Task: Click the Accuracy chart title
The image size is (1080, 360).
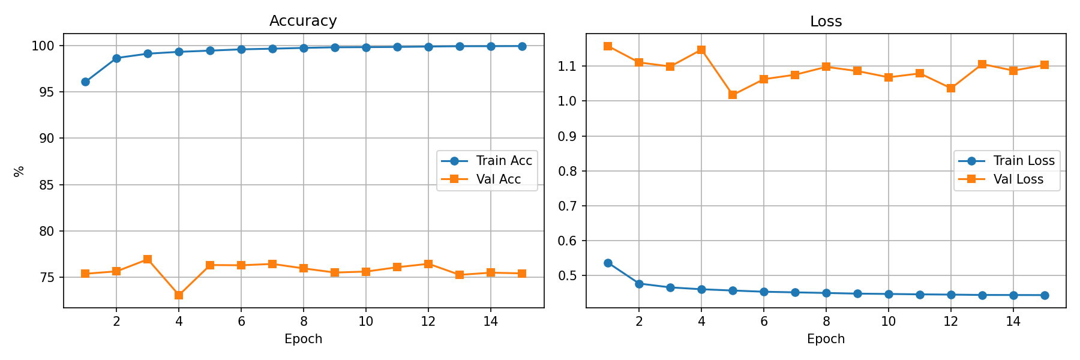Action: click(x=303, y=21)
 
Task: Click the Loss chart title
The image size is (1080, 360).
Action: click(x=826, y=22)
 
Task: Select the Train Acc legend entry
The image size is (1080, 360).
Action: click(x=487, y=161)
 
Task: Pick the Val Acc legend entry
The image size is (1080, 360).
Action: click(x=481, y=179)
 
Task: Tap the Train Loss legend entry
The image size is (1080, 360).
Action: click(x=1006, y=161)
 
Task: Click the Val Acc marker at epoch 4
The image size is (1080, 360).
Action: click(x=179, y=295)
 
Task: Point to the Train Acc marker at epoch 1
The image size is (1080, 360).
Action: click(x=85, y=82)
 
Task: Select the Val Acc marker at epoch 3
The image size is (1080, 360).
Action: click(x=148, y=259)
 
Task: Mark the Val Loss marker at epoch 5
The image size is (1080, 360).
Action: click(x=733, y=95)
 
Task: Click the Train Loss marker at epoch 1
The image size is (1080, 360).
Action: click(x=608, y=263)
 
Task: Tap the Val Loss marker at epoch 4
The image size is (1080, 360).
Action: click(x=701, y=50)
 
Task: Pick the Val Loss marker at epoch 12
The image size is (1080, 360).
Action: click(x=951, y=88)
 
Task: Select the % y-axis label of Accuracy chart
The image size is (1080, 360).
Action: click(x=19, y=171)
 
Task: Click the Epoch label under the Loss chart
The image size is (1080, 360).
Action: click(x=826, y=339)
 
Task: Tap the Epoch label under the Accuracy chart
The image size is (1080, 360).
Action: click(x=303, y=339)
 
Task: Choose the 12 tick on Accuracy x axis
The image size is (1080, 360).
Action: click(x=428, y=322)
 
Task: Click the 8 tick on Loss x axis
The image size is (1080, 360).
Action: click(x=826, y=322)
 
